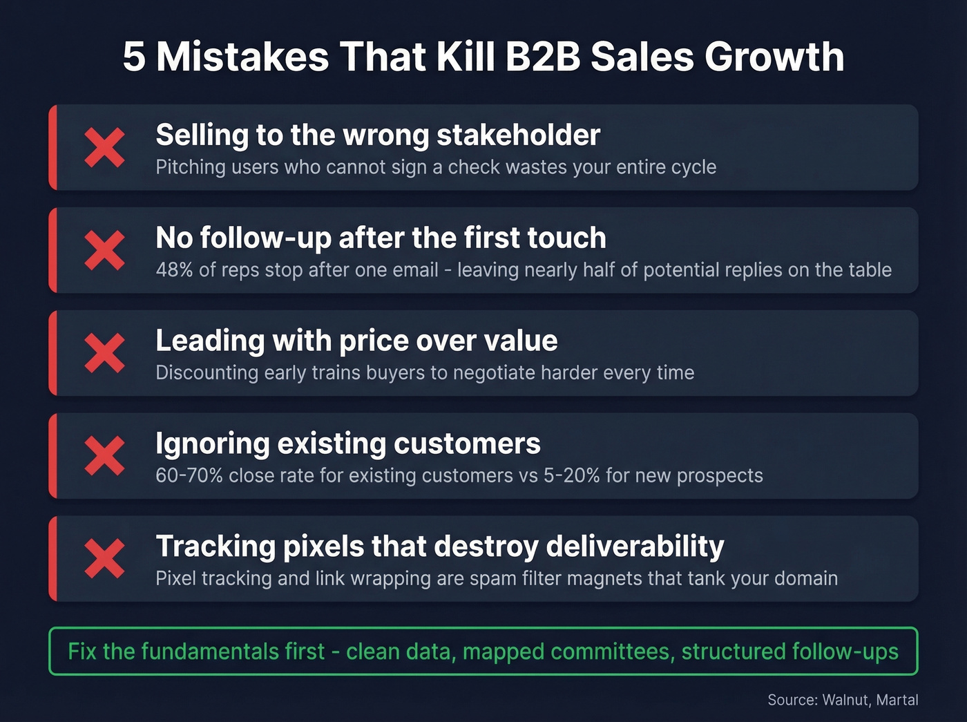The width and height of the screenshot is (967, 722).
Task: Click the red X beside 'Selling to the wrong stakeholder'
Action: pyautogui.click(x=104, y=147)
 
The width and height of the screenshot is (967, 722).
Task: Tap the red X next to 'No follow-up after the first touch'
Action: pyautogui.click(x=104, y=250)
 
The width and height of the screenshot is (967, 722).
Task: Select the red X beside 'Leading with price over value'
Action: pyautogui.click(x=104, y=353)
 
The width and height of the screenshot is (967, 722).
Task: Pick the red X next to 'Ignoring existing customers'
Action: pyautogui.click(x=104, y=456)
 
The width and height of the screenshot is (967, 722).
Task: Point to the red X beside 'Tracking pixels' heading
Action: pyautogui.click(x=104, y=559)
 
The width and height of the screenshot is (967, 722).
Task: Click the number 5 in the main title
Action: pyautogui.click(x=134, y=57)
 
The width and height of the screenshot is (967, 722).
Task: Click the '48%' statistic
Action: pyautogui.click(x=174, y=269)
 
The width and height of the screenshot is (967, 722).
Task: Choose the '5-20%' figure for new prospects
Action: pyautogui.click(x=571, y=475)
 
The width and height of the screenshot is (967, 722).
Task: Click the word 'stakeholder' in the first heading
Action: pyautogui.click(x=519, y=135)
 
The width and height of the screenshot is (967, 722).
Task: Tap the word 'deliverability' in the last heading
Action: pyautogui.click(x=635, y=547)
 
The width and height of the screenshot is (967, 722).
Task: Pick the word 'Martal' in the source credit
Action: pyautogui.click(x=897, y=700)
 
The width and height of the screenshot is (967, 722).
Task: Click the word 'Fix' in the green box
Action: pyautogui.click(x=82, y=652)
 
